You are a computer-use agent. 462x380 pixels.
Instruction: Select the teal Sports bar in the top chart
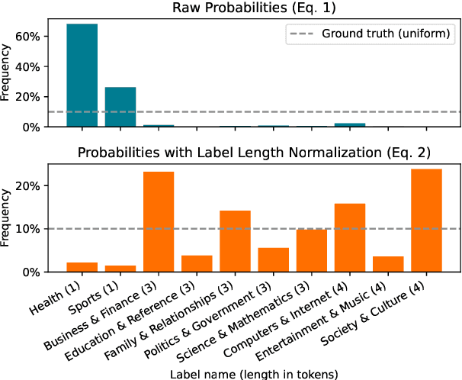point(120,107)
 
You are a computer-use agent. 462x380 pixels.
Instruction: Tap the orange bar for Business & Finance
point(159,221)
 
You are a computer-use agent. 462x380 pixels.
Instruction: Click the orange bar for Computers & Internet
point(350,237)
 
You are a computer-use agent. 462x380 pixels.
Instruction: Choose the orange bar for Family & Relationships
point(235,240)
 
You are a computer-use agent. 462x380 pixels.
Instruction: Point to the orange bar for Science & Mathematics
point(312,250)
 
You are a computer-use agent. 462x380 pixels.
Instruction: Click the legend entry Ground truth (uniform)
point(387,33)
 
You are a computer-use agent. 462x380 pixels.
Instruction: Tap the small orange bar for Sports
point(120,268)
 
